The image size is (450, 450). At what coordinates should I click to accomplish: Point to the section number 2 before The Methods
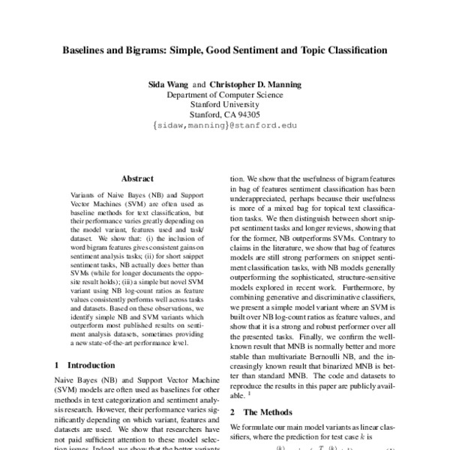click(x=232, y=412)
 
